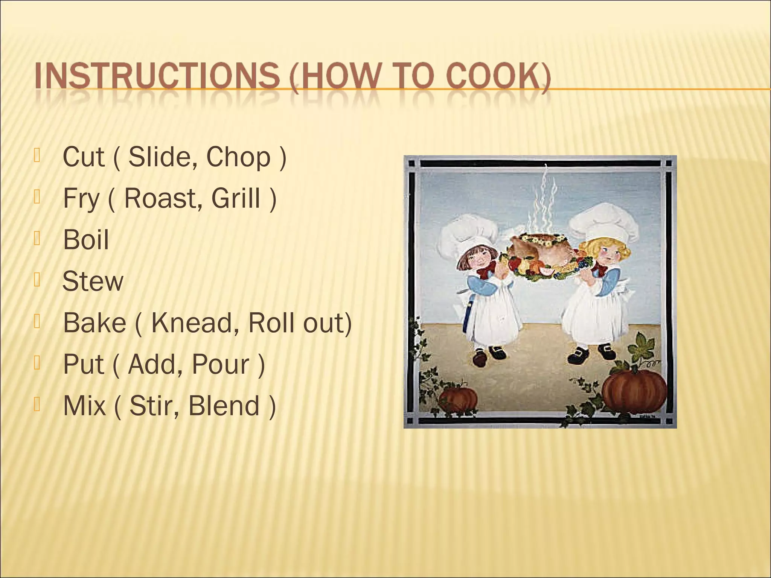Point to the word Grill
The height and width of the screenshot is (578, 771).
[236, 198]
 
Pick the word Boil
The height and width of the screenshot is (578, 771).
[86, 240]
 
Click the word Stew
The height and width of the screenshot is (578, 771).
[93, 281]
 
